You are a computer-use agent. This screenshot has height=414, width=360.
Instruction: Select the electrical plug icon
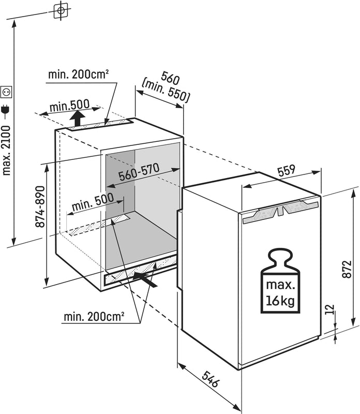(x=7, y=109)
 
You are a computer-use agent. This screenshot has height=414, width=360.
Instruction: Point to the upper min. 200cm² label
(x=78, y=75)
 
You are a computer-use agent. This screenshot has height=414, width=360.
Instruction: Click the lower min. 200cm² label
(x=94, y=316)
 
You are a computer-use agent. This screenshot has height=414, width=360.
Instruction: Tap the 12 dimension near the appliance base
(x=331, y=310)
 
